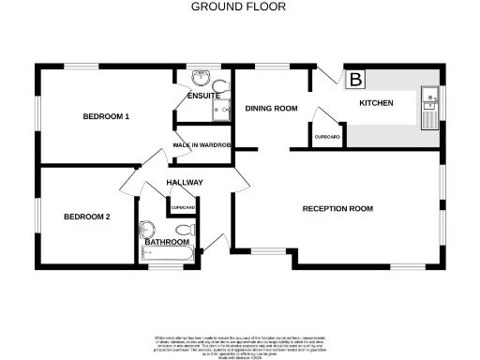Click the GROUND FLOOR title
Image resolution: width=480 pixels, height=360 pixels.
click(239, 7)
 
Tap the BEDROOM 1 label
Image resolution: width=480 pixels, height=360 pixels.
click(106, 116)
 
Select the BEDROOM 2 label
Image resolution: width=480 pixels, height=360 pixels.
click(87, 217)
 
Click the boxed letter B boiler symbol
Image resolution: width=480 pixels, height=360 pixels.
click(356, 80)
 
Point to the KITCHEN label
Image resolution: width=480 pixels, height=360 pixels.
click(376, 102)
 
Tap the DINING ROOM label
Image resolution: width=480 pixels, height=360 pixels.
click(271, 109)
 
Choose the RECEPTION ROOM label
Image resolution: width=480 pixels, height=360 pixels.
click(337, 208)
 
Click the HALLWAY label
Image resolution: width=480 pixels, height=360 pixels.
click(185, 182)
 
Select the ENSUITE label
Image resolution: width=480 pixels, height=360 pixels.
click(203, 96)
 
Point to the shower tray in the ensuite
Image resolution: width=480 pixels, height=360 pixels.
click(222, 112)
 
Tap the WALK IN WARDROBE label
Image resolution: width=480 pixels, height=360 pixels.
click(202, 145)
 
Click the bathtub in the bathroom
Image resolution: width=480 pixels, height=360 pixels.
click(167, 253)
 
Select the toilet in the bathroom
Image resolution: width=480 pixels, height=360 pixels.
click(184, 229)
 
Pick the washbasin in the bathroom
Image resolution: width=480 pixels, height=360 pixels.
click(145, 230)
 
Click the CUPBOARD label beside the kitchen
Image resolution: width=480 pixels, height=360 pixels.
click(327, 137)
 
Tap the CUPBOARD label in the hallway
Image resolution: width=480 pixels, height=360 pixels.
click(183, 206)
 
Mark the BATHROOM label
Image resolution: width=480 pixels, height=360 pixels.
click(166, 242)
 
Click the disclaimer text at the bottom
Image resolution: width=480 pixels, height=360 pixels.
click(239, 342)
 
